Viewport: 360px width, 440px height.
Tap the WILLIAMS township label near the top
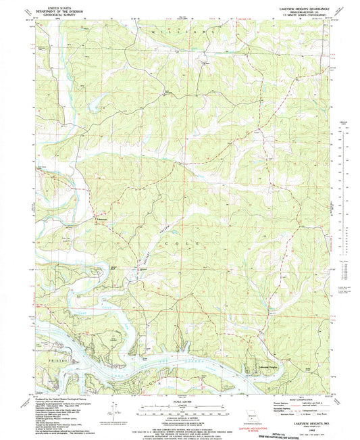tap(189, 32)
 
